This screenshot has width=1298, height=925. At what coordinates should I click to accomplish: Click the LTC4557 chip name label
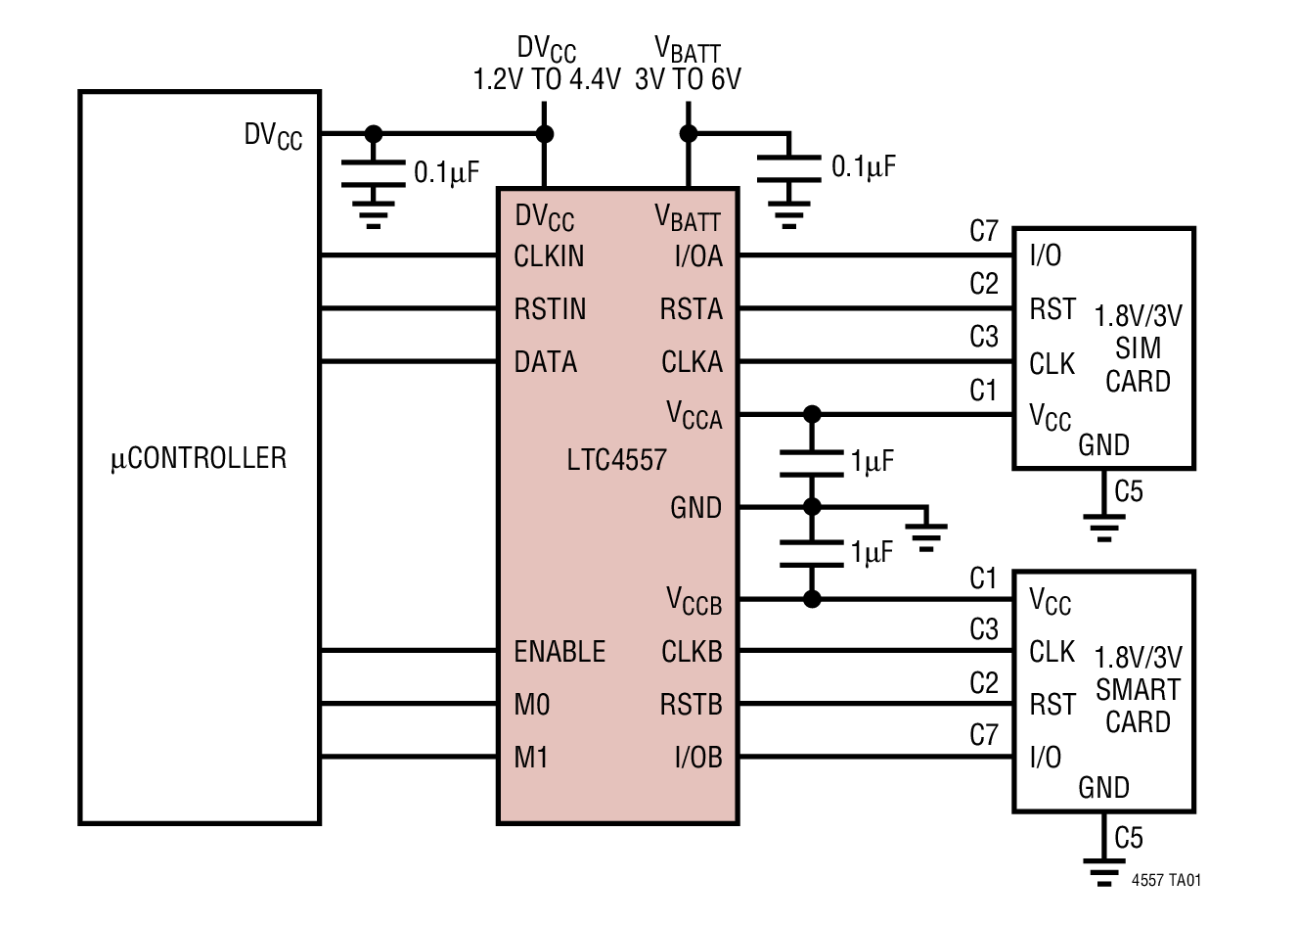[x=616, y=459]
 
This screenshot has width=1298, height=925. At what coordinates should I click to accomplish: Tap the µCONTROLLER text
[x=199, y=458]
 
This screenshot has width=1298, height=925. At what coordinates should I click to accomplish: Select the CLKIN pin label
[x=549, y=256]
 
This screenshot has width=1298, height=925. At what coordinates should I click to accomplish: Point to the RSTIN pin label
[x=550, y=309]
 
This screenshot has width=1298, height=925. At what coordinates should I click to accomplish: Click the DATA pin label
[x=545, y=362]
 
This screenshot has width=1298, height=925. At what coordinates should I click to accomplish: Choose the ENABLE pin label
[x=559, y=652]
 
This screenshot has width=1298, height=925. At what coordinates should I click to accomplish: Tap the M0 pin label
[x=532, y=705]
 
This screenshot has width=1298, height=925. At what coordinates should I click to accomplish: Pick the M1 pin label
[x=531, y=758]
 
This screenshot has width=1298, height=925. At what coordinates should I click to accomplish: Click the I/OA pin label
[x=698, y=256]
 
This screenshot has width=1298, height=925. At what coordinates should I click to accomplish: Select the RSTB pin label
[x=691, y=705]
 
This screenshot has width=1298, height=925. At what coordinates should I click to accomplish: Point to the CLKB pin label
[x=692, y=652]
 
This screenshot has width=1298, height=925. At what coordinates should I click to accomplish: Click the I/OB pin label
[x=698, y=758]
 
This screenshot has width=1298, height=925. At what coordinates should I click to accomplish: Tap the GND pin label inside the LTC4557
[x=695, y=508]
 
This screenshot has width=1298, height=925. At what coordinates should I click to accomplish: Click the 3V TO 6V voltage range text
[x=688, y=79]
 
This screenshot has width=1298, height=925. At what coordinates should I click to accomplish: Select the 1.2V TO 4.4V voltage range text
[x=547, y=79]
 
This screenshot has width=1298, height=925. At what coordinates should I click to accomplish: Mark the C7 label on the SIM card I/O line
[x=983, y=231]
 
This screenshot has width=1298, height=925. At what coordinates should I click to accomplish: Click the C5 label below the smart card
[x=1128, y=838]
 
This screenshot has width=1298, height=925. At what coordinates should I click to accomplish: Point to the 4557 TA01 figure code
[x=1166, y=880]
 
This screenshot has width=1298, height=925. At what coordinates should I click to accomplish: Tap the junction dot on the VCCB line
[x=811, y=599]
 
